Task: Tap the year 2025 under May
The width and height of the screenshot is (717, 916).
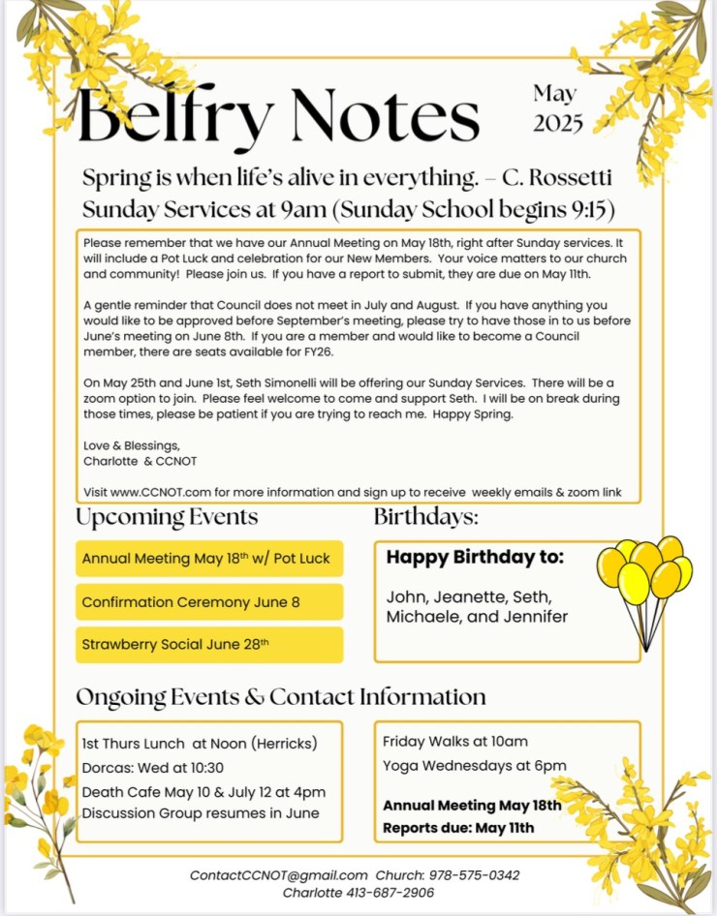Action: pyautogui.click(x=558, y=123)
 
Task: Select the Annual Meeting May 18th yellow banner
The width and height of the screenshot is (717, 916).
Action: pyautogui.click(x=208, y=559)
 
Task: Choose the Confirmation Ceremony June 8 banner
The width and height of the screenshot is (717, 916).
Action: pyautogui.click(x=208, y=602)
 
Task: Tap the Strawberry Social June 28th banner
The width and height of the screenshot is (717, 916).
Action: pyautogui.click(x=208, y=645)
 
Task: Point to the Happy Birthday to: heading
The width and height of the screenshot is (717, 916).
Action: pyautogui.click(x=475, y=558)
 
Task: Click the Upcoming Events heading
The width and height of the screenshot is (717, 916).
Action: pyautogui.click(x=167, y=517)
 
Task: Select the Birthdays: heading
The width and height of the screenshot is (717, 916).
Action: pyautogui.click(x=426, y=517)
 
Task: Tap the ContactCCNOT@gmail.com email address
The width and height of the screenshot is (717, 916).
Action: pyautogui.click(x=279, y=875)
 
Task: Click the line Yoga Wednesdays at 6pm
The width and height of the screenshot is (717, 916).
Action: pyautogui.click(x=475, y=766)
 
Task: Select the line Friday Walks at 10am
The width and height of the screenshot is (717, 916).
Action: pyautogui.click(x=455, y=742)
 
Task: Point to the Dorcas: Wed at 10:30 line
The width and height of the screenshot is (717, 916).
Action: pyautogui.click(x=153, y=768)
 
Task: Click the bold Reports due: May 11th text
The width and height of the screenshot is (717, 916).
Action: pyautogui.click(x=458, y=828)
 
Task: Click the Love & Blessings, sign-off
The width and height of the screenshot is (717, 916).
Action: pyautogui.click(x=131, y=445)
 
